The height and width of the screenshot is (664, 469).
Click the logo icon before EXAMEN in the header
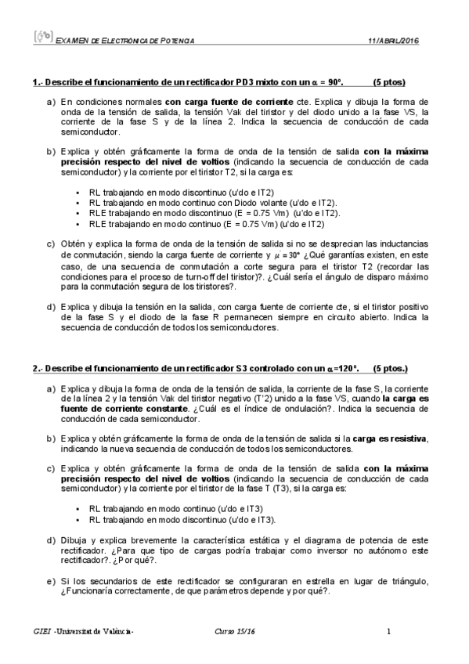(42, 38)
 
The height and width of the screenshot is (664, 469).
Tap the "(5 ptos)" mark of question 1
(388, 81)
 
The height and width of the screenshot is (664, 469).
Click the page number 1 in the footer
(388, 632)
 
